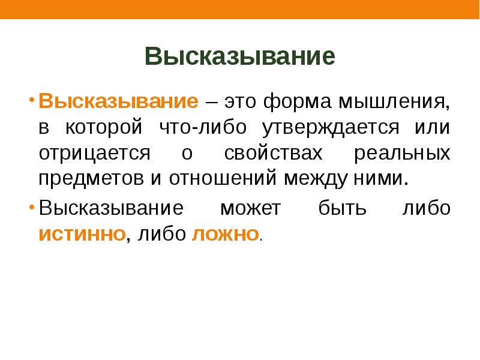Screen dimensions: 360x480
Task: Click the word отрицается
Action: [94, 152]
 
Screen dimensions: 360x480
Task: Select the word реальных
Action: [401, 152]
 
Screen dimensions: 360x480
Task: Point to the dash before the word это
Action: [211, 101]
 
